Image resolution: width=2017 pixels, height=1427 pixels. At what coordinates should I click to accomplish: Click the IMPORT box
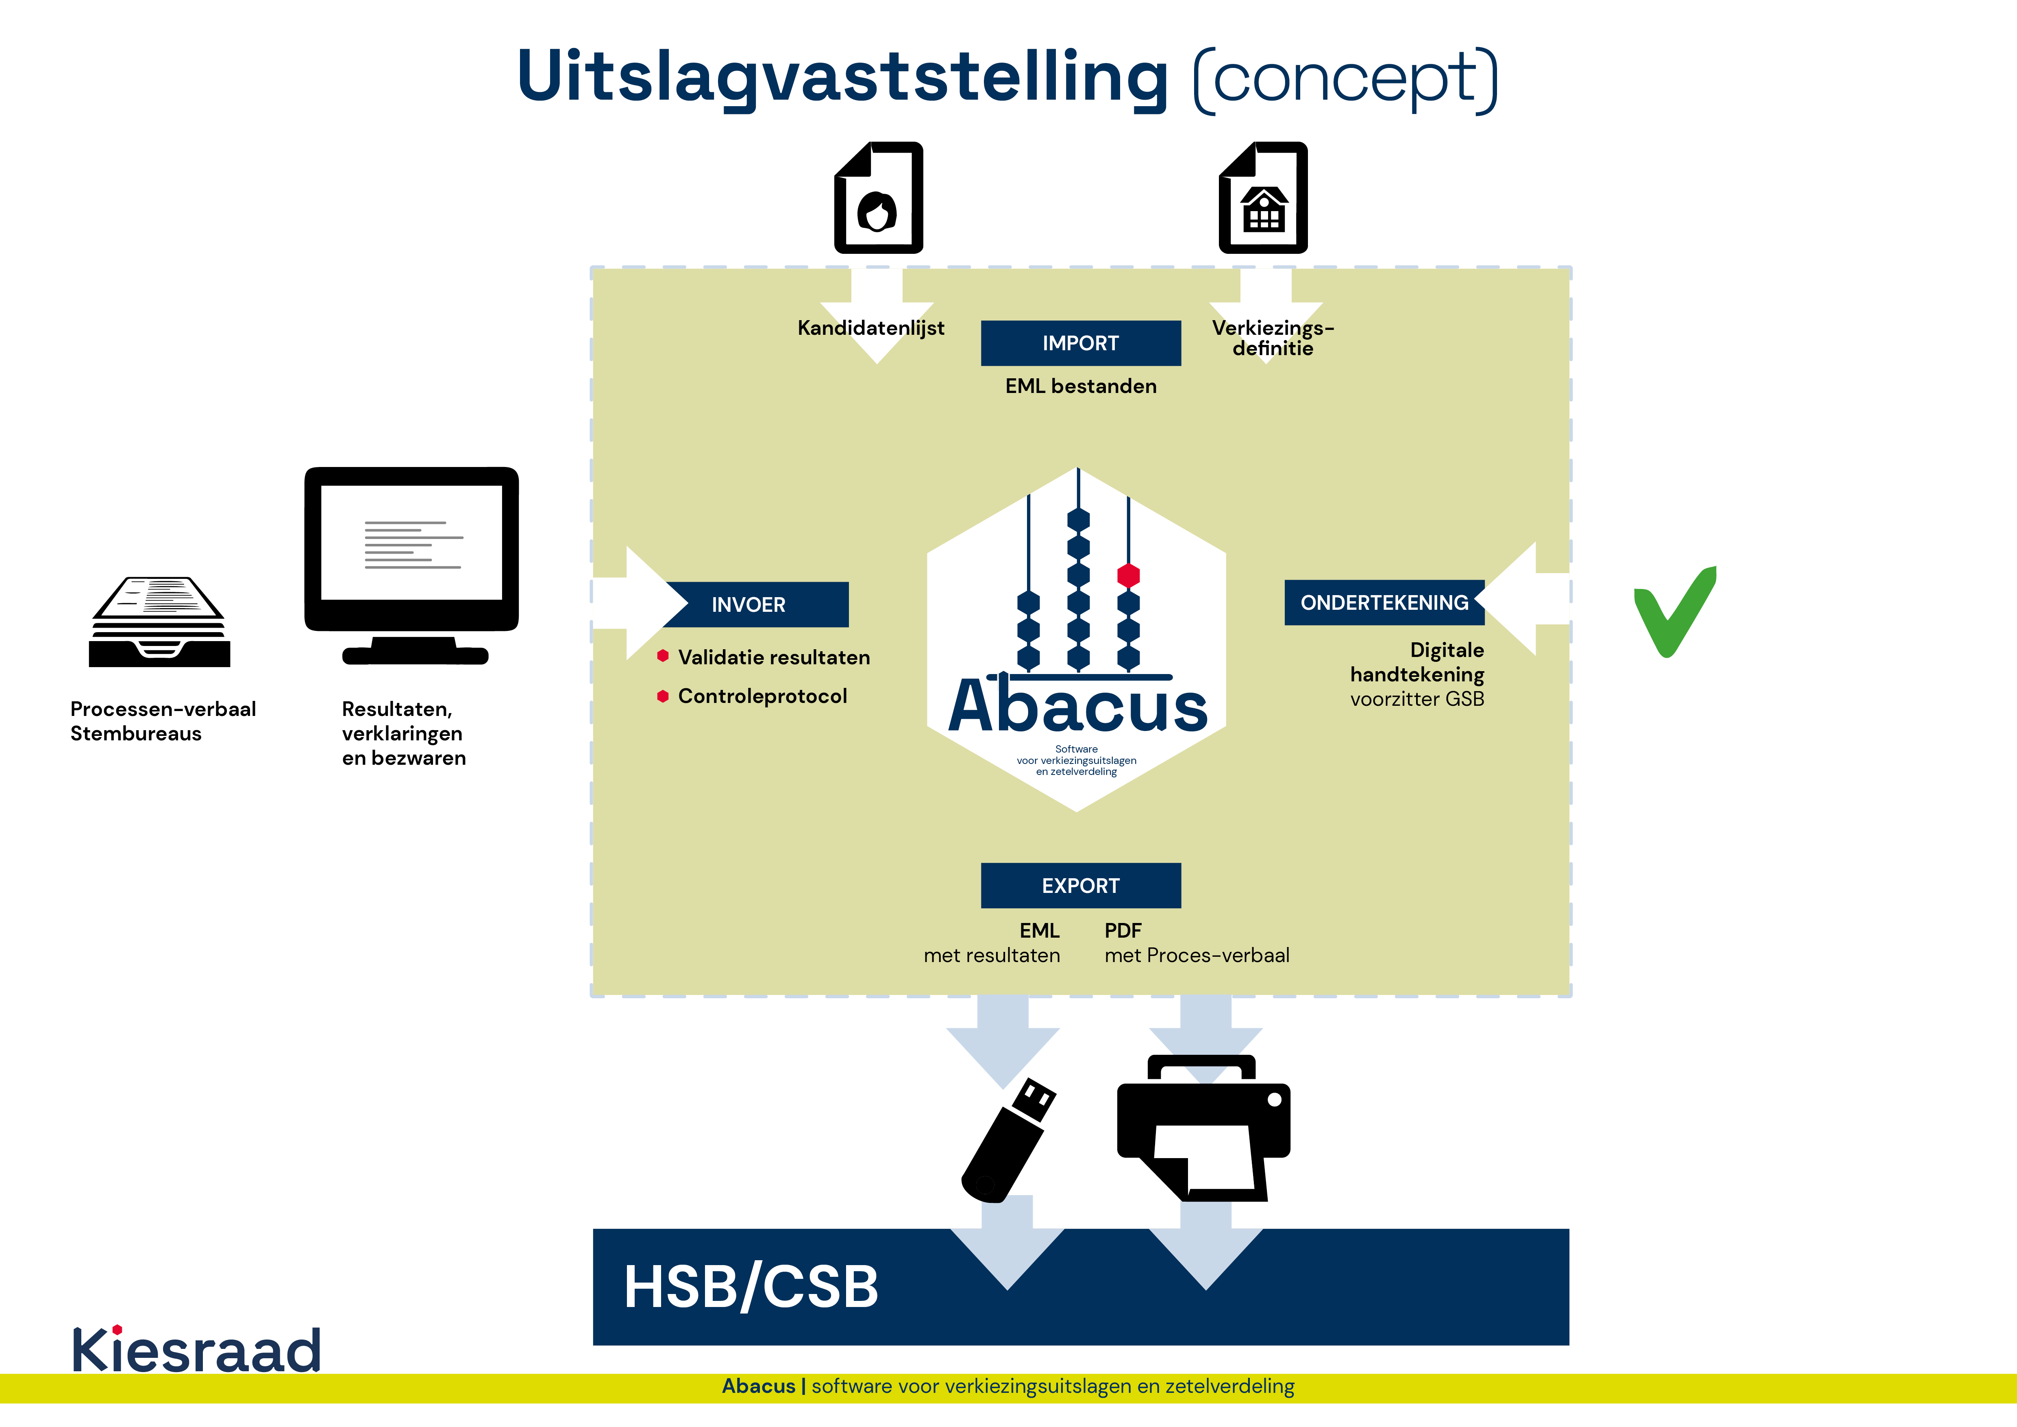pos(1081,344)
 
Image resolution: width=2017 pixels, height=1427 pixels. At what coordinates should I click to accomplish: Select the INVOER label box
pos(755,604)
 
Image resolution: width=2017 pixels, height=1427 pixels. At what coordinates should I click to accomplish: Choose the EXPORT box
pos(1081,886)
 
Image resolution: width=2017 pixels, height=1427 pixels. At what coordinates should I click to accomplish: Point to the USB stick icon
pos(1008,1140)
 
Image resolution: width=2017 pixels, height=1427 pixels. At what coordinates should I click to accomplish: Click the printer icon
pos(1203,1129)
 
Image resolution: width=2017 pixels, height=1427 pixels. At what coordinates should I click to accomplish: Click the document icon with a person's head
pos(879,199)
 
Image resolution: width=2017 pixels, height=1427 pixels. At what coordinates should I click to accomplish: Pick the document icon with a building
pos(1263,199)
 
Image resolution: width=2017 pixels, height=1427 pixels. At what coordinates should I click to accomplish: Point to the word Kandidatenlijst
pos(870,328)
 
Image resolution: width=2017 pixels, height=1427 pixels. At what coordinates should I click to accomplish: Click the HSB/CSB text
pos(751,1287)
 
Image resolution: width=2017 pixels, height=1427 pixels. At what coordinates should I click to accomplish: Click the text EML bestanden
pos(1081,386)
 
